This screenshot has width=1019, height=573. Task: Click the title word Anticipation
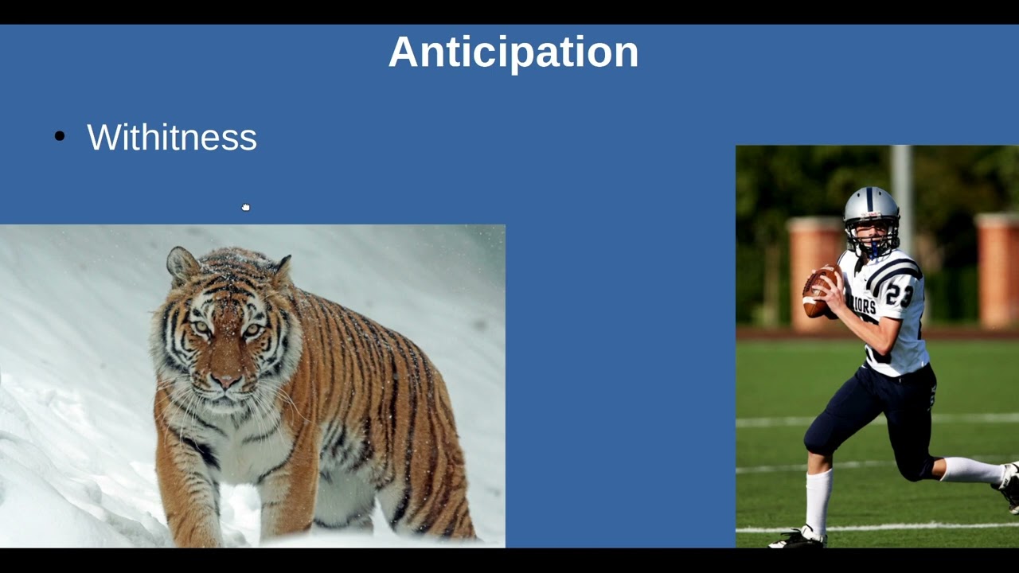(x=513, y=53)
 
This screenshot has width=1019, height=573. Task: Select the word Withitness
(x=172, y=137)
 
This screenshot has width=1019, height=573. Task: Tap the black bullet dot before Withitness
(x=60, y=137)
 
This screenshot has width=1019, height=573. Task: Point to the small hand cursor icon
(x=246, y=208)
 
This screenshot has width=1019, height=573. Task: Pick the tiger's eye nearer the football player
(x=253, y=329)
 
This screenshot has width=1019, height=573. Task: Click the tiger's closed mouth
(x=227, y=400)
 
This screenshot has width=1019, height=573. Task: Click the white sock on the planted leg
(x=818, y=501)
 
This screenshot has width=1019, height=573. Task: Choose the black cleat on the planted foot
(x=798, y=539)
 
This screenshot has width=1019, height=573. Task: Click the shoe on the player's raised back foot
(x=1009, y=485)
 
